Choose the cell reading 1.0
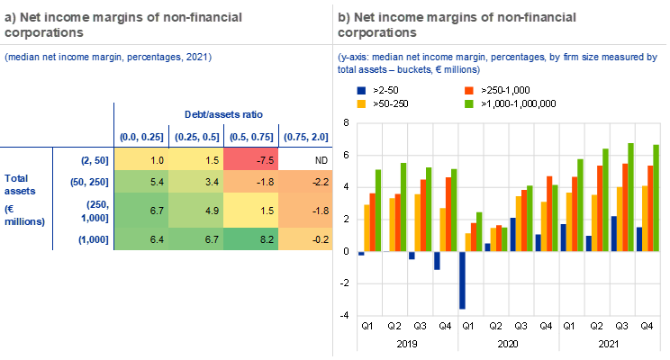[140, 159]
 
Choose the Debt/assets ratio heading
[223, 115]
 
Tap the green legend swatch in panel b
[469, 104]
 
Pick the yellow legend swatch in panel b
[362, 104]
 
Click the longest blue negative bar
[462, 281]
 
